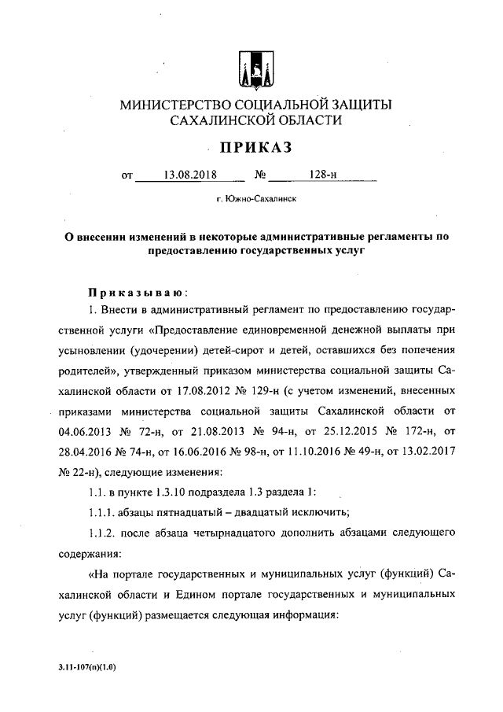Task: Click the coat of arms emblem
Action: pyautogui.click(x=251, y=68)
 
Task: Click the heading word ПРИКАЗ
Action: pyautogui.click(x=252, y=146)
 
